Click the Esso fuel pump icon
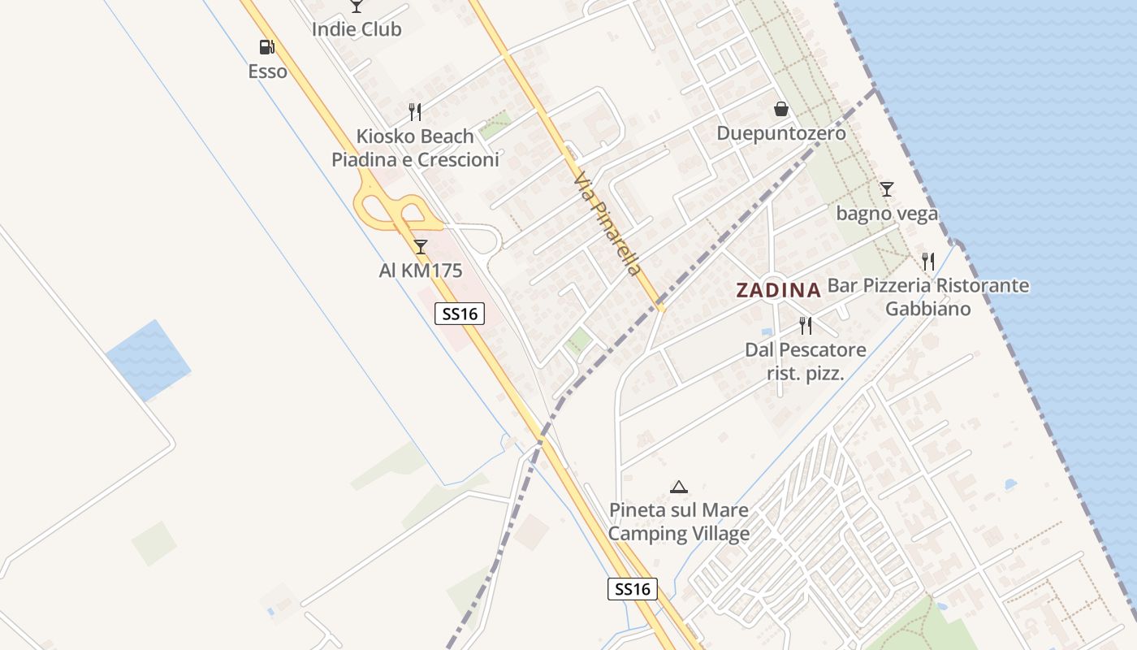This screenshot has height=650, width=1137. click(x=266, y=47)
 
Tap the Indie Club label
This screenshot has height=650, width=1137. click(x=357, y=29)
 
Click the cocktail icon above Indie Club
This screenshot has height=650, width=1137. click(x=356, y=6)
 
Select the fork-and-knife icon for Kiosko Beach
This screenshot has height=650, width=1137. click(x=415, y=111)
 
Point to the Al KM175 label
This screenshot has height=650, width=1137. click(x=420, y=270)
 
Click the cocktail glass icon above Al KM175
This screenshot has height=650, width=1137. click(x=420, y=246)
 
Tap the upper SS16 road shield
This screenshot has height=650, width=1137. click(x=460, y=314)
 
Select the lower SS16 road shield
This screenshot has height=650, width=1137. click(x=632, y=589)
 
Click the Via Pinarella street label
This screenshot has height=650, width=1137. click(x=607, y=223)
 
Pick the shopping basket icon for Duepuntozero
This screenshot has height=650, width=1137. click(x=780, y=109)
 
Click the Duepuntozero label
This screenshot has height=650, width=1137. click(x=780, y=133)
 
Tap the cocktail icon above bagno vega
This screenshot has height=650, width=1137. click(x=886, y=189)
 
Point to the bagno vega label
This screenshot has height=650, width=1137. click(x=887, y=214)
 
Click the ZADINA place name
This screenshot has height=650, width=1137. click(x=778, y=289)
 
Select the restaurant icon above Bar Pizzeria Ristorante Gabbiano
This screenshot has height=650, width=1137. click(x=928, y=262)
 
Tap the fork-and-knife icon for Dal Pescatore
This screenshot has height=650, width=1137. click(x=806, y=326)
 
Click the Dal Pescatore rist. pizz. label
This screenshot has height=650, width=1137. click(x=806, y=362)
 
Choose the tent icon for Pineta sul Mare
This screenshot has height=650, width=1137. click(x=679, y=487)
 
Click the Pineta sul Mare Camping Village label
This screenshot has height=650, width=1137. click(x=679, y=522)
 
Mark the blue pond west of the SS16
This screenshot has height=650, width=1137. click(x=148, y=360)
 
